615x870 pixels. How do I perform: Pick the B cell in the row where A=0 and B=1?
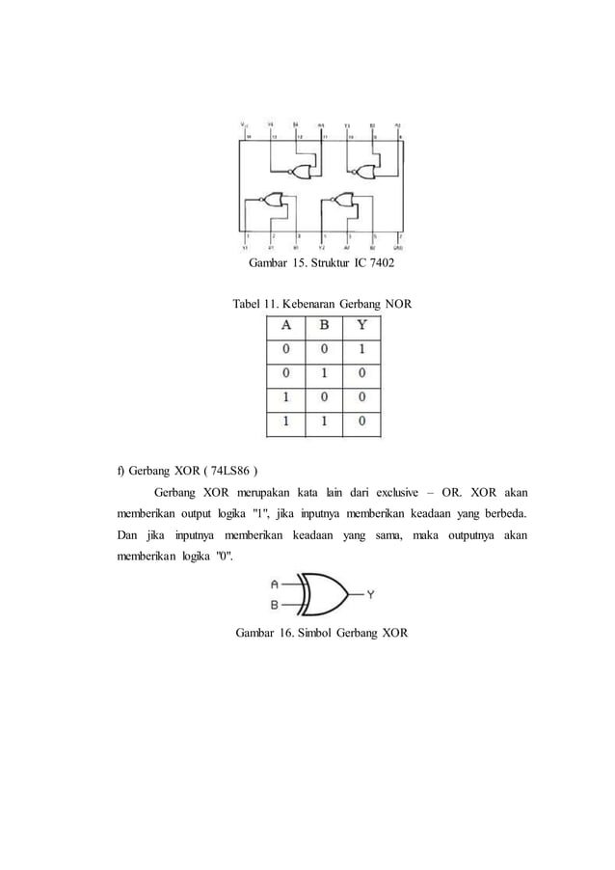pos(324,372)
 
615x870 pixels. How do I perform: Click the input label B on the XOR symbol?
pos(276,605)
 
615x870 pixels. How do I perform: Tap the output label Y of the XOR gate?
pos(370,594)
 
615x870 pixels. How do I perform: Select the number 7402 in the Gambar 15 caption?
pos(380,263)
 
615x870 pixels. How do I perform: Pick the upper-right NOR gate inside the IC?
pos(364,172)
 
